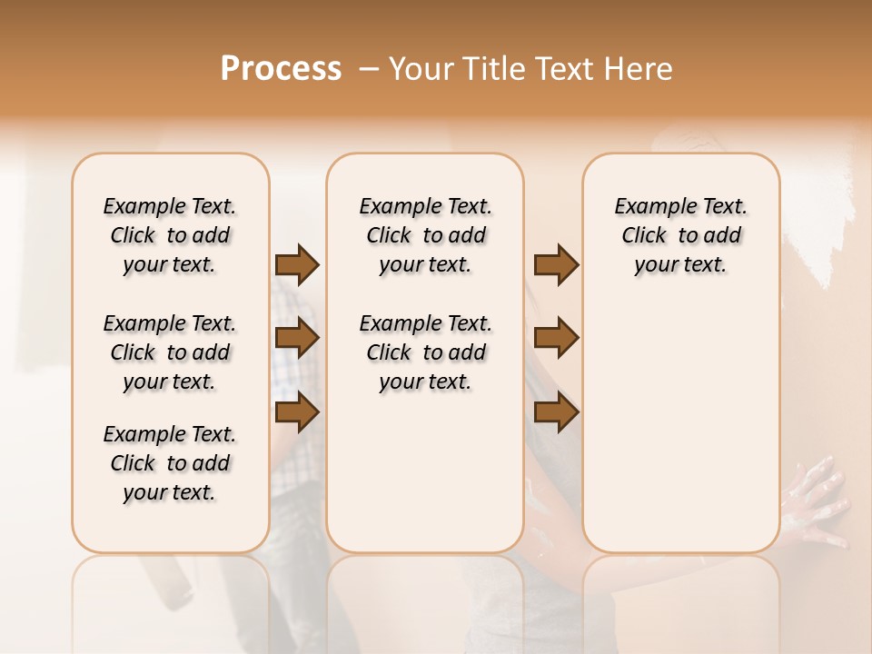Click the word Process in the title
[281, 69]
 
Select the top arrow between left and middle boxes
[297, 264]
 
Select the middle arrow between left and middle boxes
[297, 338]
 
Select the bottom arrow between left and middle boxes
[297, 412]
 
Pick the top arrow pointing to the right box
[556, 264]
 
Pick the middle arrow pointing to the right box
[556, 338]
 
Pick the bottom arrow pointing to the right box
[556, 412]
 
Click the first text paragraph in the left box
[170, 235]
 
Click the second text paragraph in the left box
[170, 352]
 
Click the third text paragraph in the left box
[170, 463]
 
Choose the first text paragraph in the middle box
[425, 235]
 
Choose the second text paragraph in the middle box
[425, 352]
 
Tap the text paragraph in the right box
[680, 235]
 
